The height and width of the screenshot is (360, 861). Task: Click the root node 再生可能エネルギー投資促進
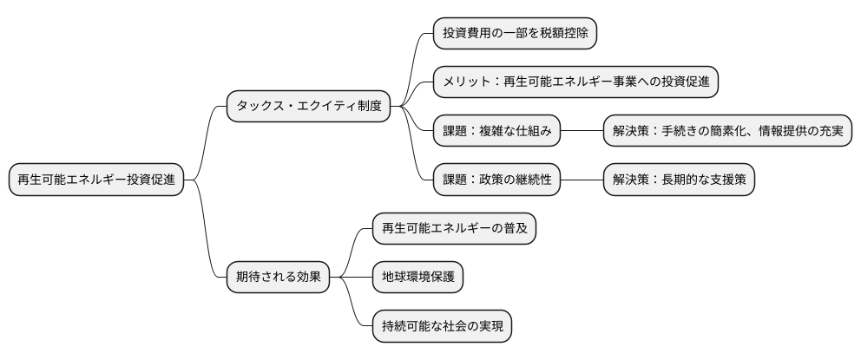(x=96, y=180)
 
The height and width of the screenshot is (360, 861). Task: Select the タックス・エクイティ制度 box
(x=307, y=107)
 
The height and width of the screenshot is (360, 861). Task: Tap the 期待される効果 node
(x=278, y=278)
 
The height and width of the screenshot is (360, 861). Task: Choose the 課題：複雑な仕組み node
(x=496, y=132)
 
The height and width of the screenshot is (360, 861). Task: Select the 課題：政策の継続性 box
(x=496, y=180)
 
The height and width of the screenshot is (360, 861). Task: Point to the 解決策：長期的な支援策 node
(x=679, y=180)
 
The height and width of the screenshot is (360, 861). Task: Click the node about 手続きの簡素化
(x=727, y=132)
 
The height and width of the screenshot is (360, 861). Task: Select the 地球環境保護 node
(x=417, y=278)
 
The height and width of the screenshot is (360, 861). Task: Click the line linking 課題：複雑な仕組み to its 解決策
(x=582, y=132)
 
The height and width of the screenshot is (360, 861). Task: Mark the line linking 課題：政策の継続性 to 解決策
(x=582, y=180)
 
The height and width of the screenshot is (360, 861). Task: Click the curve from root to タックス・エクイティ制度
(x=207, y=139)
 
